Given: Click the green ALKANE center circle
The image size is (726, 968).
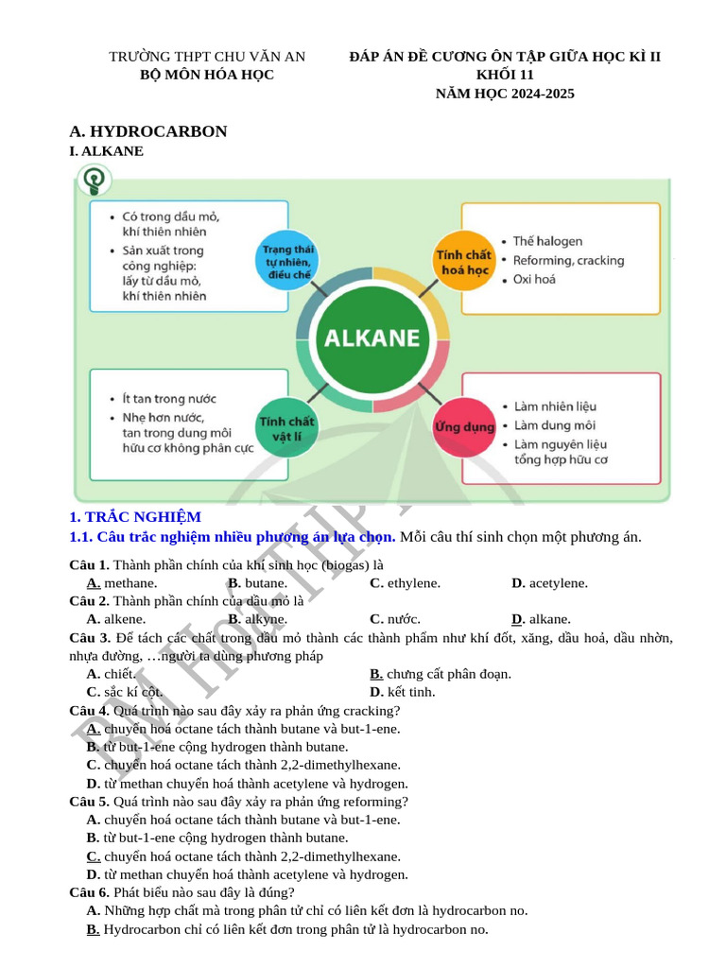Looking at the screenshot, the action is pos(372,338).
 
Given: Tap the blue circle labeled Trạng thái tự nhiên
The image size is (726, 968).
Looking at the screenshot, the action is pos(287,255).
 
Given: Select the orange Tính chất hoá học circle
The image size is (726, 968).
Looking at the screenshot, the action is pos(463,262).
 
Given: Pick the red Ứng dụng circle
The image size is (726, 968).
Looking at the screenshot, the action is pos(464,427).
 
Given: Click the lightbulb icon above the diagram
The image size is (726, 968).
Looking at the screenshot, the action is pos(94,180).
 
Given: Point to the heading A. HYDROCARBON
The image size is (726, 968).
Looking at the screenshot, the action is pos(148,131).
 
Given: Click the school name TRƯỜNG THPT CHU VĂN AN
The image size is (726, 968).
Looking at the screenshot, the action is pos(207,57).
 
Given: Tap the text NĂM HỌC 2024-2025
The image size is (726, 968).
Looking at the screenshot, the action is pos(505,94).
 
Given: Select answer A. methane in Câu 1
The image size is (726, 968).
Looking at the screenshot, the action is pos(122,583).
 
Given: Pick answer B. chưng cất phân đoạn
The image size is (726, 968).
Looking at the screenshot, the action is pos(441,674).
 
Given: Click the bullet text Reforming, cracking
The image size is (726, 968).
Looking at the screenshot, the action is pos(568,260).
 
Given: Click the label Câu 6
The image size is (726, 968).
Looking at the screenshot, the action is pos(89,892).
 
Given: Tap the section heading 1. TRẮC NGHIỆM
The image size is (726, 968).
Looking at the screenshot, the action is pos(135,517).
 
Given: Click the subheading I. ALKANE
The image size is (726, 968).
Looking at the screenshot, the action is pos(107,151).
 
